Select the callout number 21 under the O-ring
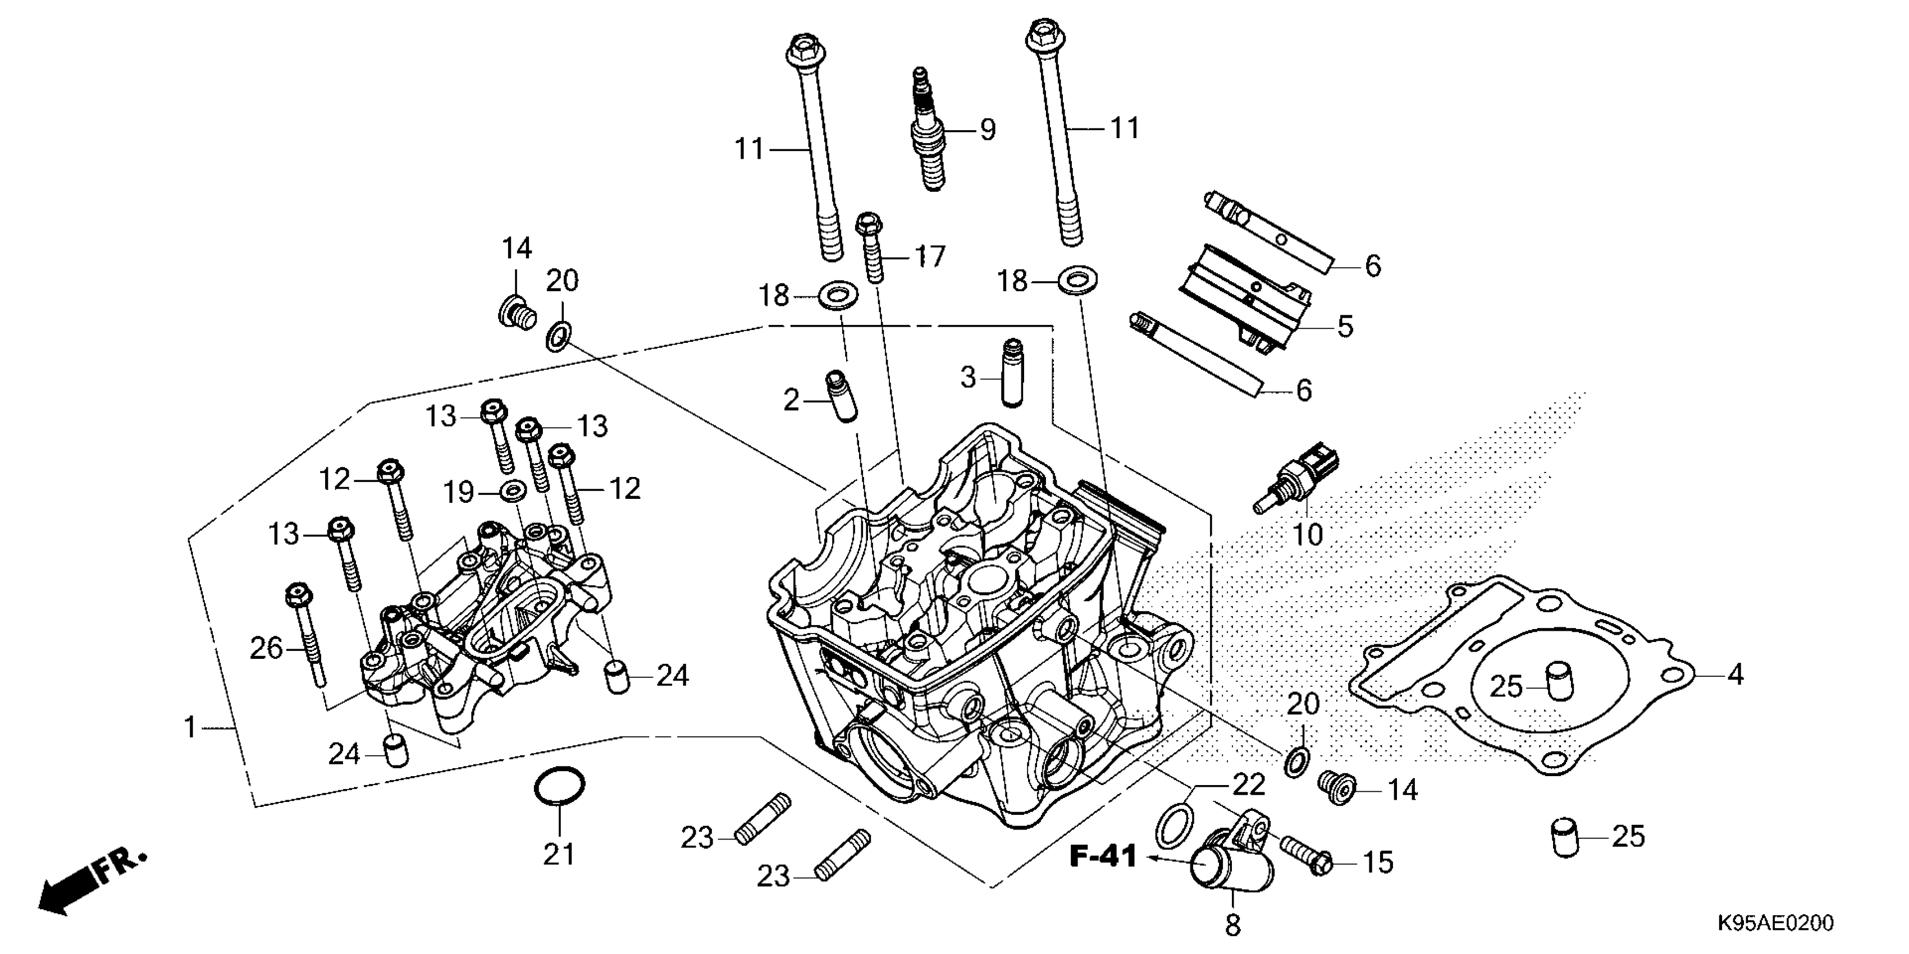point(559,854)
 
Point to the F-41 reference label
point(1103,857)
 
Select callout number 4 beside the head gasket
point(1736,675)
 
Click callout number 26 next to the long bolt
point(266,649)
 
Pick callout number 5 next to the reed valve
point(1345,327)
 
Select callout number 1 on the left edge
point(190,728)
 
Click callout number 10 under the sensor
point(1307,534)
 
